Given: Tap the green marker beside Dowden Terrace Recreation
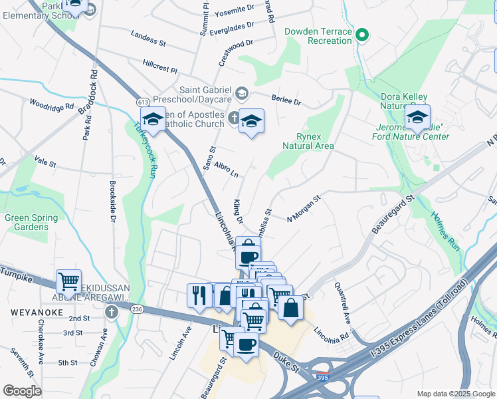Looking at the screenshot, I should coord(361,35).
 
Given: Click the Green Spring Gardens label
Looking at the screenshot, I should coord(27,222).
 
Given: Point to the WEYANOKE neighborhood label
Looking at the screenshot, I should coord(28,311).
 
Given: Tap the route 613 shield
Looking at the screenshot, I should coord(143,102).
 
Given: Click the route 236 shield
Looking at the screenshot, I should coord(138,309).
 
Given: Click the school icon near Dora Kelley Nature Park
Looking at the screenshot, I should coord(417,118).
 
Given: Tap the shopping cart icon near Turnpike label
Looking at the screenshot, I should coord(69,283).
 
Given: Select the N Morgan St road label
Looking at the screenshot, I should coord(304,209).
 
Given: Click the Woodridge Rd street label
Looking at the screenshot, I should coord(51,106).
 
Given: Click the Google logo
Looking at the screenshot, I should coord(23,391).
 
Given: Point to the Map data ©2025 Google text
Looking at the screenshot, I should coord(455,394).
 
